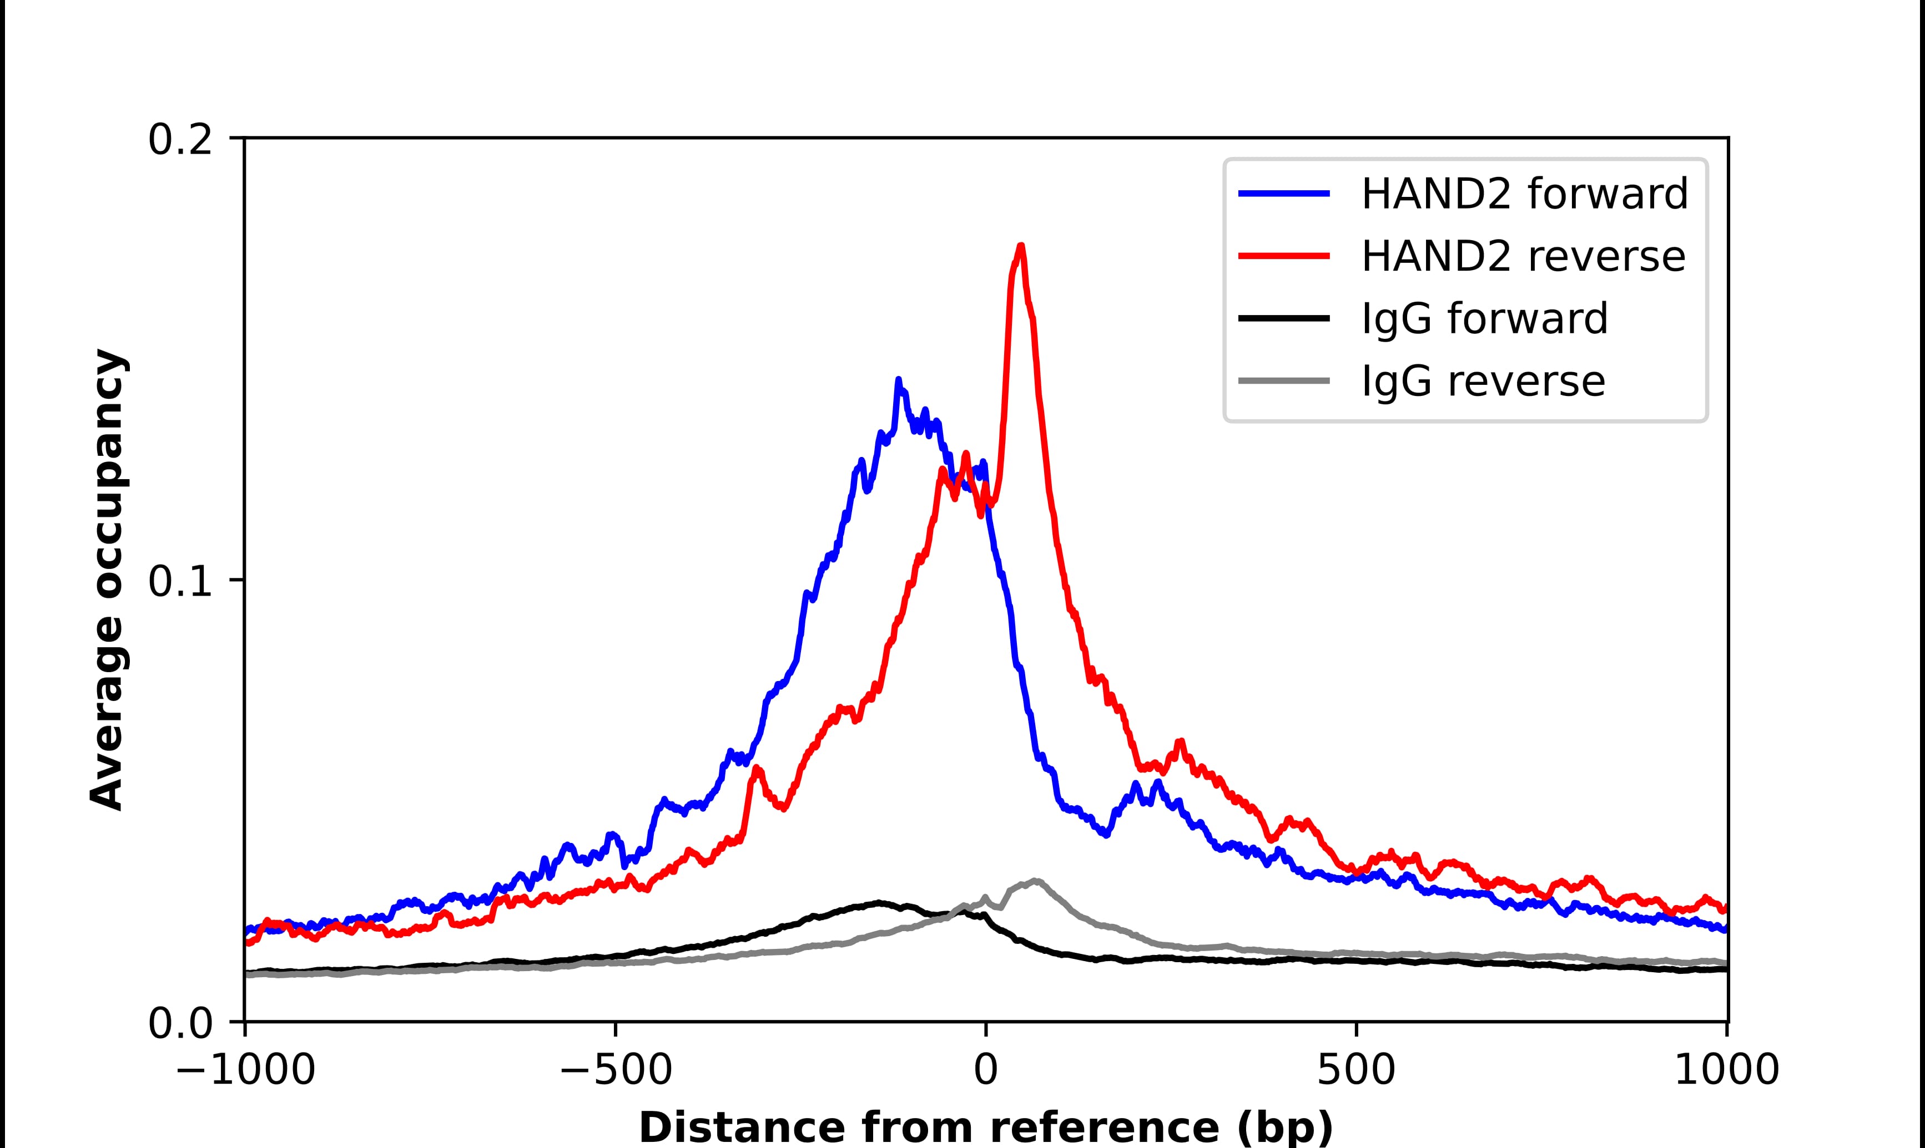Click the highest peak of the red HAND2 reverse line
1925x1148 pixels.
click(x=1021, y=247)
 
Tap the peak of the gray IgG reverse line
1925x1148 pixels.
click(x=1035, y=881)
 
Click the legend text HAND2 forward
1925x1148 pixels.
click(x=1524, y=194)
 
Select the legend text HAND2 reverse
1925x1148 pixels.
click(x=1523, y=256)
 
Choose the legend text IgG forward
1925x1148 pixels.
click(x=1484, y=319)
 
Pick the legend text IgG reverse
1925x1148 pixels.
click(x=1482, y=382)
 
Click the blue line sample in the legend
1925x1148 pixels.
click(x=1284, y=194)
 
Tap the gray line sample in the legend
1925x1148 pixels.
click(x=1284, y=380)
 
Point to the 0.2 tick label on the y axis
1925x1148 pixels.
click(x=180, y=140)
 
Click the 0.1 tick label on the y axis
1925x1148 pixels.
click(x=180, y=582)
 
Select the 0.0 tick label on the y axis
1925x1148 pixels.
click(x=180, y=1023)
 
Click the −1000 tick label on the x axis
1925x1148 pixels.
click(x=245, y=1071)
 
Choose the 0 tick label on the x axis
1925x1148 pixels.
click(x=985, y=1071)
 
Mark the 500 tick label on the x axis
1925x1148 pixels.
click(x=1356, y=1071)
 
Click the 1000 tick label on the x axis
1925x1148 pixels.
click(x=1726, y=1071)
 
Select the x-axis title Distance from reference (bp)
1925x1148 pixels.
click(x=985, y=1126)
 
